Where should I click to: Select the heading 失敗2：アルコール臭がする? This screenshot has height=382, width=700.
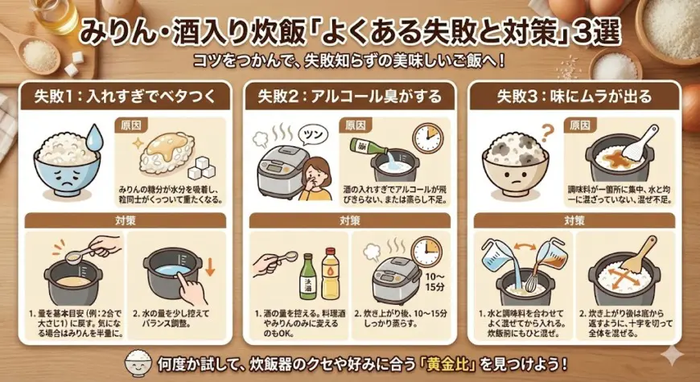pos(350,97)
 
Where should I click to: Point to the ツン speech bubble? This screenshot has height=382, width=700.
pos(312,132)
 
